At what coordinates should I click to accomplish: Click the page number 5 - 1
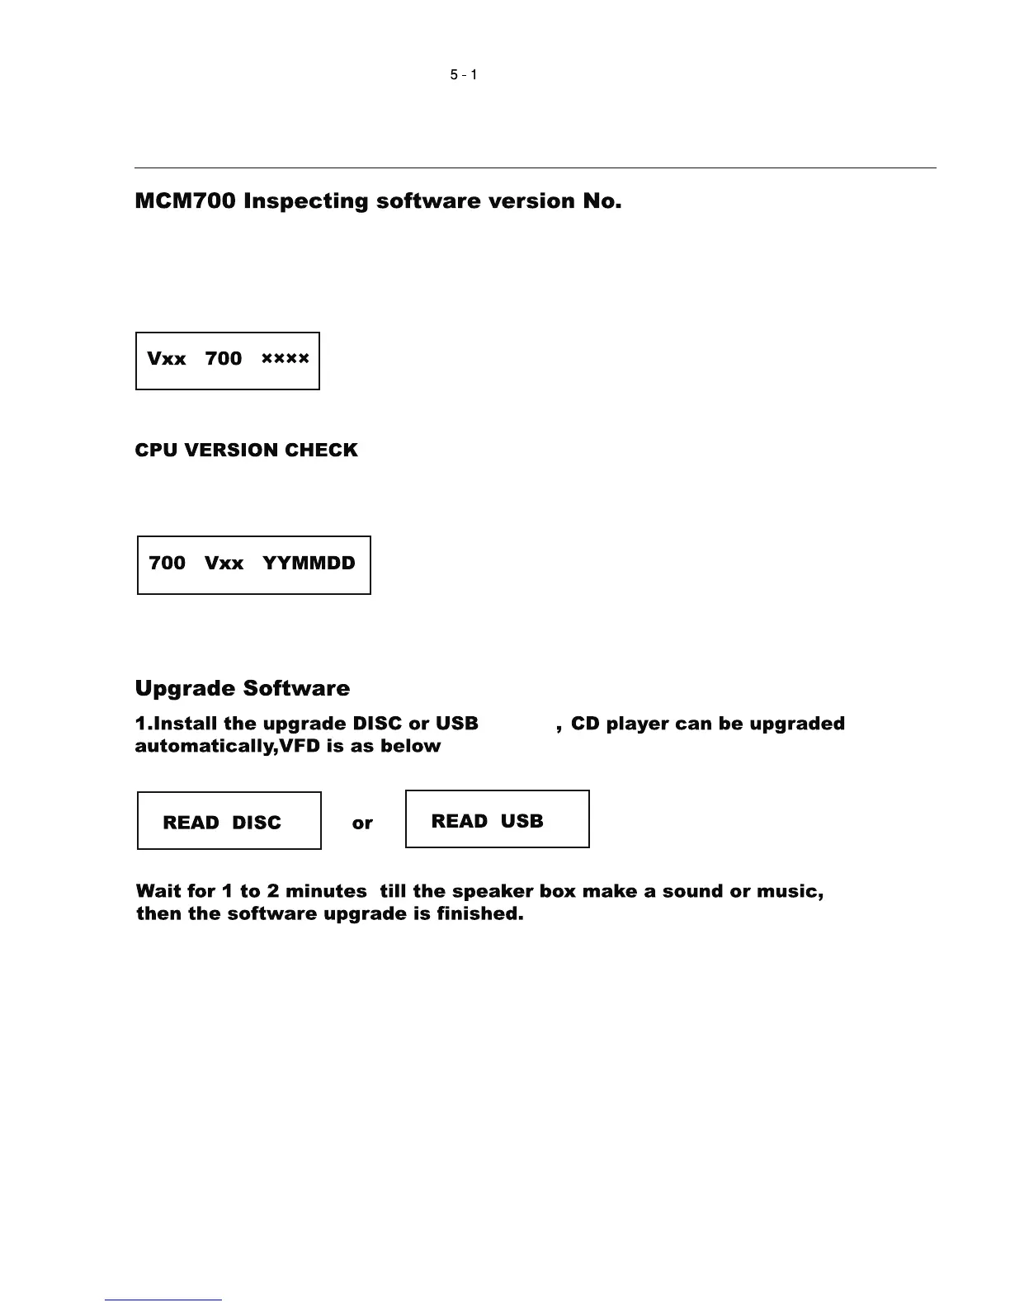[x=463, y=75]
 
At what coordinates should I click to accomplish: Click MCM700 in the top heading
[x=186, y=201]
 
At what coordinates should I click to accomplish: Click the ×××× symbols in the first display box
[x=285, y=359]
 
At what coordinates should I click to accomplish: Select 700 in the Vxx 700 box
[x=223, y=359]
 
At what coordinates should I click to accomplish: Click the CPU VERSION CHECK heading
[x=246, y=451]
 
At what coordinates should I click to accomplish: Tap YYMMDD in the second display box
[x=309, y=564]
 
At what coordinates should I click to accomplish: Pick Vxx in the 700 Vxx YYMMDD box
[x=224, y=564]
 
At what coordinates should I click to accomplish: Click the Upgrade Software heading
[x=242, y=688]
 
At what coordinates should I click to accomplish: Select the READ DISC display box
[x=229, y=821]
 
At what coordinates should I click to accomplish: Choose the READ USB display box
[x=497, y=819]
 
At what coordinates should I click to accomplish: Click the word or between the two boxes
[x=362, y=823]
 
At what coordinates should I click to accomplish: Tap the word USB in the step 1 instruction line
[x=456, y=724]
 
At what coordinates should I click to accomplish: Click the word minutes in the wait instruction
[x=326, y=891]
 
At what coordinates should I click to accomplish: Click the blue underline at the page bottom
[x=163, y=1300]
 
